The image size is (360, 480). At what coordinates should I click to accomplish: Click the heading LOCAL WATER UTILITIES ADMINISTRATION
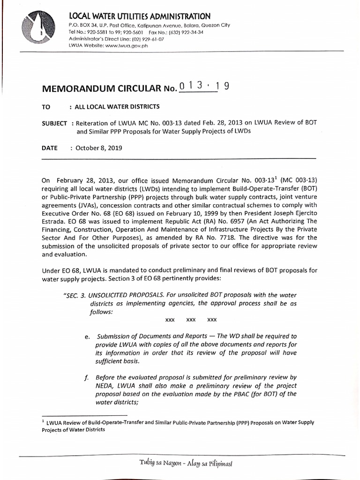pyautogui.click(x=139, y=16)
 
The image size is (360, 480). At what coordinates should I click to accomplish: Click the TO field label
pyautogui.click(x=45, y=107)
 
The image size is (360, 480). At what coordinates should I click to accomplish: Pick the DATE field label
pyautogui.click(x=50, y=148)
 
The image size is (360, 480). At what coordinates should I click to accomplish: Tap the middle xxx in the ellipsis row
pyautogui.click(x=191, y=319)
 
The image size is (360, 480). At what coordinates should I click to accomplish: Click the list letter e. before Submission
pyautogui.click(x=87, y=337)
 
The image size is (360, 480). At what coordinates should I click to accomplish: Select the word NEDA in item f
pyautogui.click(x=105, y=385)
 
